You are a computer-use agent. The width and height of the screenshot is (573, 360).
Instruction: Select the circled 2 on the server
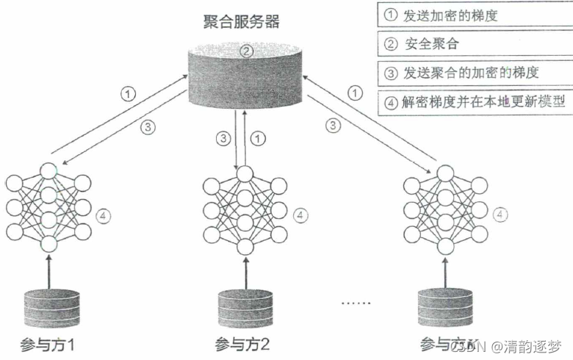point(247,51)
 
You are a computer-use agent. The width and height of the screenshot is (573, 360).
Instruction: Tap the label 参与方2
point(242,344)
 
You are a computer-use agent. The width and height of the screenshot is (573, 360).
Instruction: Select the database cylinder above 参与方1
point(49,309)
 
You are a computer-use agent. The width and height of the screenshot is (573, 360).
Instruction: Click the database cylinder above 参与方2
point(242,309)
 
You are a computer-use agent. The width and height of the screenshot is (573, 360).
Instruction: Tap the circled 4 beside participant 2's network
point(300,215)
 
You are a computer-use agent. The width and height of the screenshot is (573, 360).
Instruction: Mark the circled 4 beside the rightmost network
point(500,215)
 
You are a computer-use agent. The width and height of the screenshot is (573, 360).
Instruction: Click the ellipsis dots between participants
point(358,302)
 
